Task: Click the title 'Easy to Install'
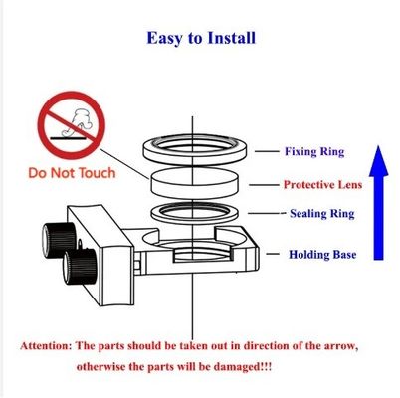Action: [201, 38]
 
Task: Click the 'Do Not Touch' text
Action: [72, 173]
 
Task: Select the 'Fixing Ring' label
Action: [314, 152]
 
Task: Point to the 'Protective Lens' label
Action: [322, 184]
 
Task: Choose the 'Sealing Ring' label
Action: [322, 213]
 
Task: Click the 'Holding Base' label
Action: [322, 255]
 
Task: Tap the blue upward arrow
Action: [379, 202]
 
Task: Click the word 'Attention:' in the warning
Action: [46, 346]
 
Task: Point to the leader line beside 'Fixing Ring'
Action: [267, 151]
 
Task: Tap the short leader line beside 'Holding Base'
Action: [273, 254]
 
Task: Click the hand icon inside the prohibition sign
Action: [77, 122]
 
